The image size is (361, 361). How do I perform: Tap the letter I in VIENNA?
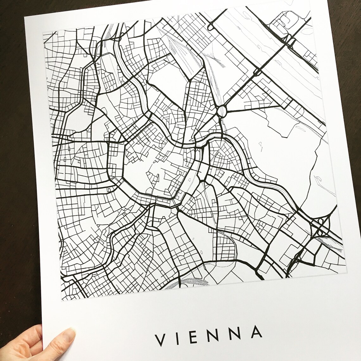pyautogui.click(x=178, y=338)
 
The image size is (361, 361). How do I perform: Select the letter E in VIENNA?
pyautogui.click(x=194, y=336)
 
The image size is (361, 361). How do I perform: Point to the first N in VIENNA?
pyautogui.click(x=214, y=335)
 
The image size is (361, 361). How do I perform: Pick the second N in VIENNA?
pyautogui.click(x=236, y=333)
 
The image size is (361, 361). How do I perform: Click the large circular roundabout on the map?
pyautogui.click(x=222, y=111)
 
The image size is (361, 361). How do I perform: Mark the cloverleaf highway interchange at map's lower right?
pyautogui.click(x=321, y=226)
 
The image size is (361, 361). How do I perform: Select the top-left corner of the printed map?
pyautogui.click(x=44, y=32)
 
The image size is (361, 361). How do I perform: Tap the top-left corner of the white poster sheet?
pyautogui.click(x=25, y=17)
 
